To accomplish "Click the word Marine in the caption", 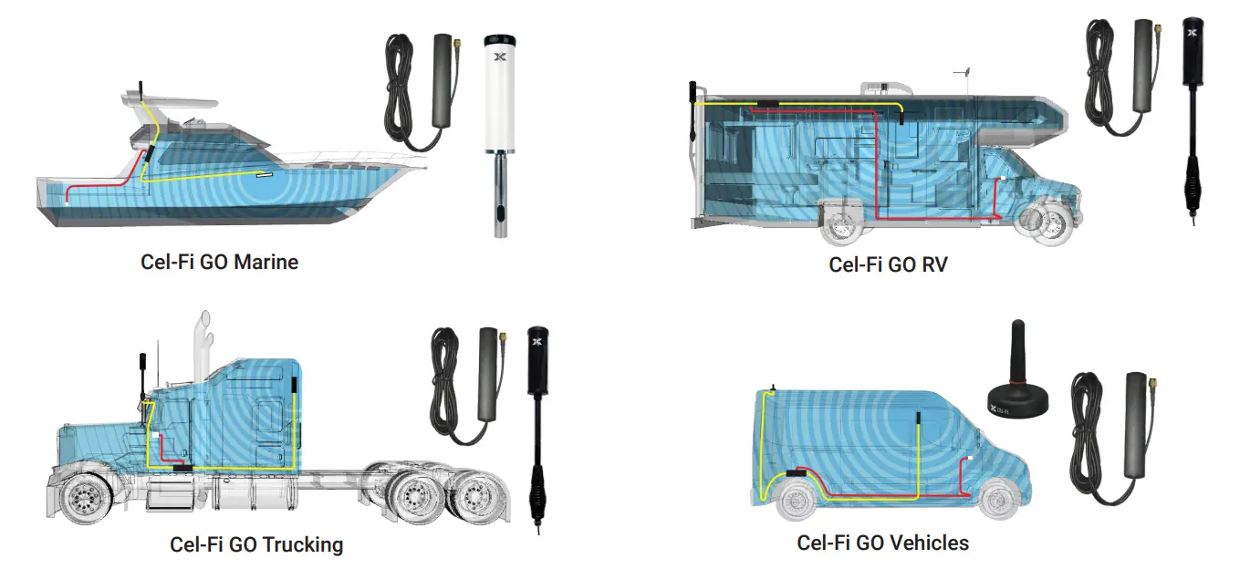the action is pos(266,263).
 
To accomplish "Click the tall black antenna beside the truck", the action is pos(537,429).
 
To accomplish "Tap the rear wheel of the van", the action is pos(797,502).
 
